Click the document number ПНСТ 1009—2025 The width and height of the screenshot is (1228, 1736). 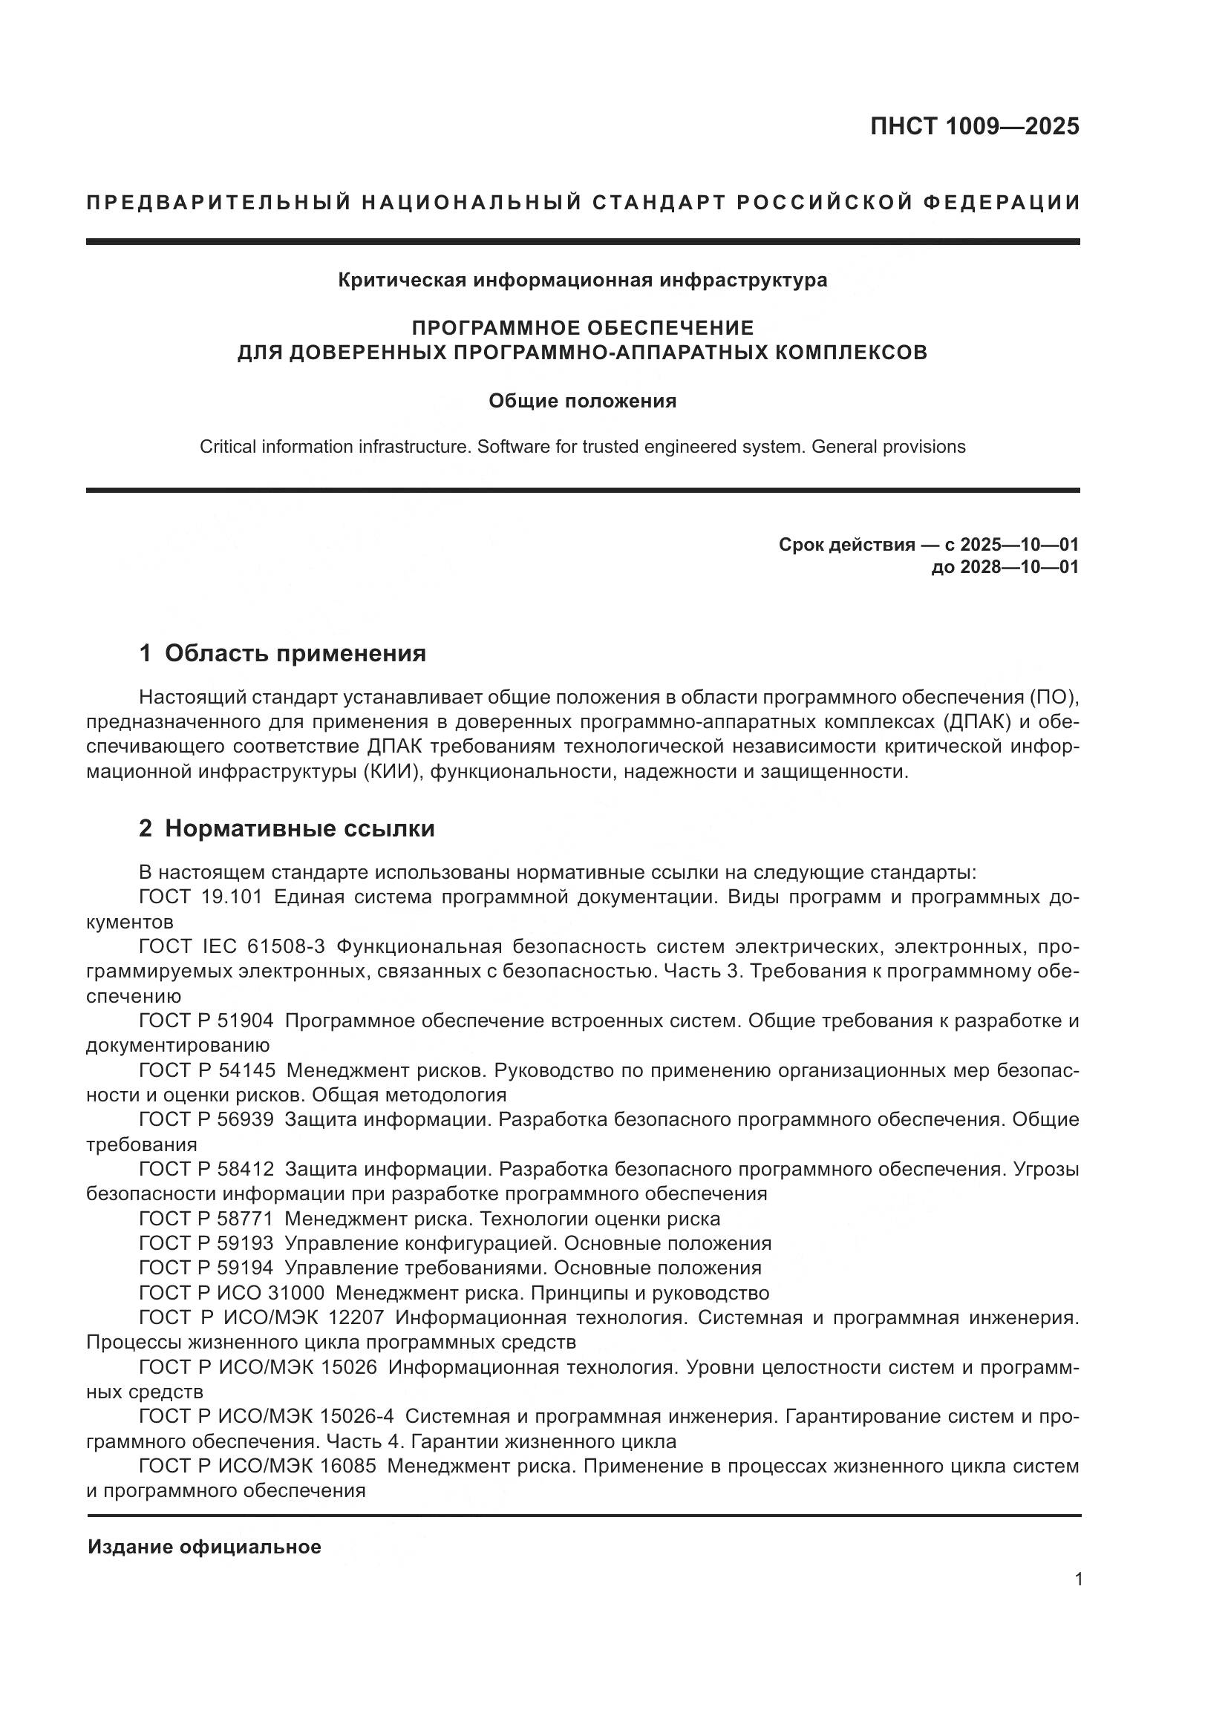coord(974,126)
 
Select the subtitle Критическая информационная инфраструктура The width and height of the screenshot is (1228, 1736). coord(582,281)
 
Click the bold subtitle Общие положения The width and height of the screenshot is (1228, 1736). coord(582,401)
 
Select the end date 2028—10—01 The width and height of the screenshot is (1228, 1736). coord(1019,567)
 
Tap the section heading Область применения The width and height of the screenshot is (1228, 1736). coord(295,653)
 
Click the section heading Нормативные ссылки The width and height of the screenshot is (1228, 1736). coord(299,829)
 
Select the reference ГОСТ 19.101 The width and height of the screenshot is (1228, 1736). coord(200,897)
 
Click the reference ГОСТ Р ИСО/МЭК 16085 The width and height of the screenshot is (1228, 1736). coord(257,1466)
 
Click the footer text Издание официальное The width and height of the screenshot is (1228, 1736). coord(204,1547)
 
